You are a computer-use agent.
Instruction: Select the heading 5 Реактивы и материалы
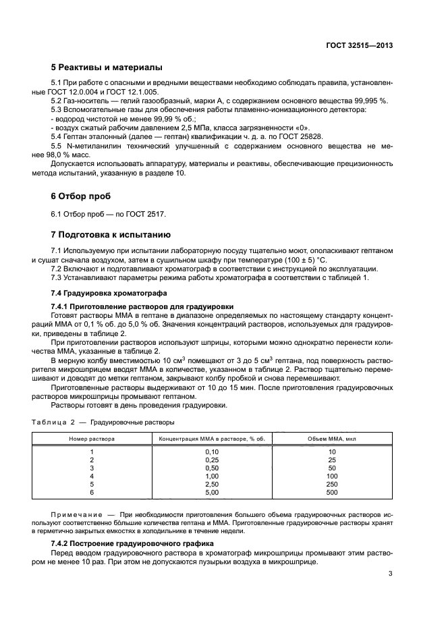[x=107, y=67]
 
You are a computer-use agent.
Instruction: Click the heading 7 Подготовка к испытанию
[x=111, y=235]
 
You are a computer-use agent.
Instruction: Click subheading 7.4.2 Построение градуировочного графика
[x=132, y=543]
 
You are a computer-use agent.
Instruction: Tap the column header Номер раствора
[x=92, y=438]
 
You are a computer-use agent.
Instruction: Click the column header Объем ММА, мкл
[x=331, y=438]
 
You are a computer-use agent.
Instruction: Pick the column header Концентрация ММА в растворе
[x=211, y=438]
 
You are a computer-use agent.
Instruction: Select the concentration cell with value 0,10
[x=212, y=451]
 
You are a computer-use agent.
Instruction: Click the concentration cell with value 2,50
[x=212, y=484]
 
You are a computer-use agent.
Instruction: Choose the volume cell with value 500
[x=331, y=492]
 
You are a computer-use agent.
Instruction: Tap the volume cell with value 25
[x=331, y=460]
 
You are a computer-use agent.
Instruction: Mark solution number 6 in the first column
[x=92, y=492]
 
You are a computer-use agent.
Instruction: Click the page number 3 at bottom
[x=391, y=575]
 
